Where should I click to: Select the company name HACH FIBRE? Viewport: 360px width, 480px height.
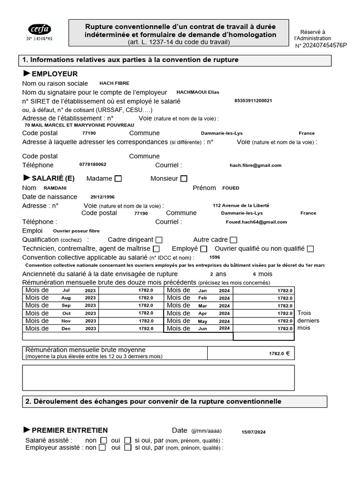(x=114, y=83)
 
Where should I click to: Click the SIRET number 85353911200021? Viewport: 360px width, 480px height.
(x=253, y=101)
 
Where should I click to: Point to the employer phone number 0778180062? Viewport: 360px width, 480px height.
(x=93, y=165)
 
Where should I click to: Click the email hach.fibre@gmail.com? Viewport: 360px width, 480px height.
(x=255, y=165)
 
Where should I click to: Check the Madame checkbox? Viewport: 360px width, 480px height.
(x=118, y=179)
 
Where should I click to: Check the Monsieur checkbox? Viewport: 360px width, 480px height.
(x=184, y=179)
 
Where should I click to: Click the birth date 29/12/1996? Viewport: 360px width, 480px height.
(x=102, y=197)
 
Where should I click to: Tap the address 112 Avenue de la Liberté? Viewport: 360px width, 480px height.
(x=241, y=205)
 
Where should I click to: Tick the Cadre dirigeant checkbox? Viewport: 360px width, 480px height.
(x=159, y=240)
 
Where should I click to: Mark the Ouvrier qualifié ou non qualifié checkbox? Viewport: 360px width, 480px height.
(x=310, y=249)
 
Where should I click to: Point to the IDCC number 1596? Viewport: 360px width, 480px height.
(x=215, y=257)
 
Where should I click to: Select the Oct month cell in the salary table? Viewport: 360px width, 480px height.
(x=67, y=313)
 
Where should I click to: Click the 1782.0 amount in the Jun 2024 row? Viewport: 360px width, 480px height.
(x=285, y=329)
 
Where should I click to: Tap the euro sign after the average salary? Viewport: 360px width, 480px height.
(x=288, y=353)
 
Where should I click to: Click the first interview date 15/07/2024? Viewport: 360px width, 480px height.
(x=253, y=432)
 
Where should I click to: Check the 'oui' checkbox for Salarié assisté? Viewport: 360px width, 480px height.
(x=127, y=440)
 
